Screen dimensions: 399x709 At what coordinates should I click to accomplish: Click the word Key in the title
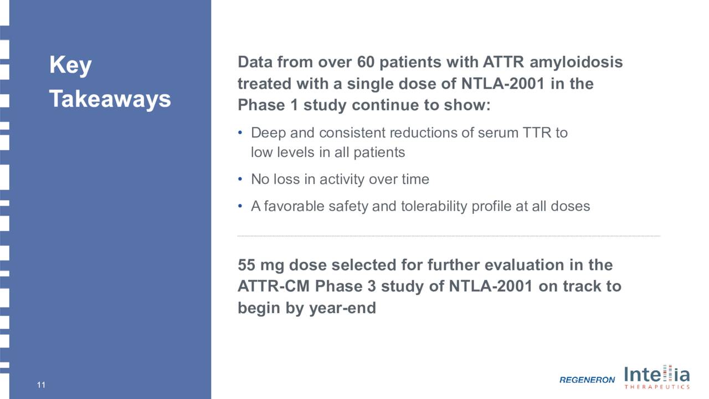coord(70,66)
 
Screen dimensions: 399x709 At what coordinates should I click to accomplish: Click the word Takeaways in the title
coord(110,99)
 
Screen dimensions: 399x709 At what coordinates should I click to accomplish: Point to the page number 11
coord(41,385)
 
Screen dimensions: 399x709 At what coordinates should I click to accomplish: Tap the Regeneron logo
coord(587,380)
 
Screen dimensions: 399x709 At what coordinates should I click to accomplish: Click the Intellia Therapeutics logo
coord(657,377)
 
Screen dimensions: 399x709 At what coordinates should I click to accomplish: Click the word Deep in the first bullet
coord(268,133)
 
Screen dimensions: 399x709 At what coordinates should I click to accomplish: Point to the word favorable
coord(294,206)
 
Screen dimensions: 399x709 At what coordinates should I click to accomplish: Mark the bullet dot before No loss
coord(240,180)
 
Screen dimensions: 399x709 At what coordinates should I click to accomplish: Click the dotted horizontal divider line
coord(449,236)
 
